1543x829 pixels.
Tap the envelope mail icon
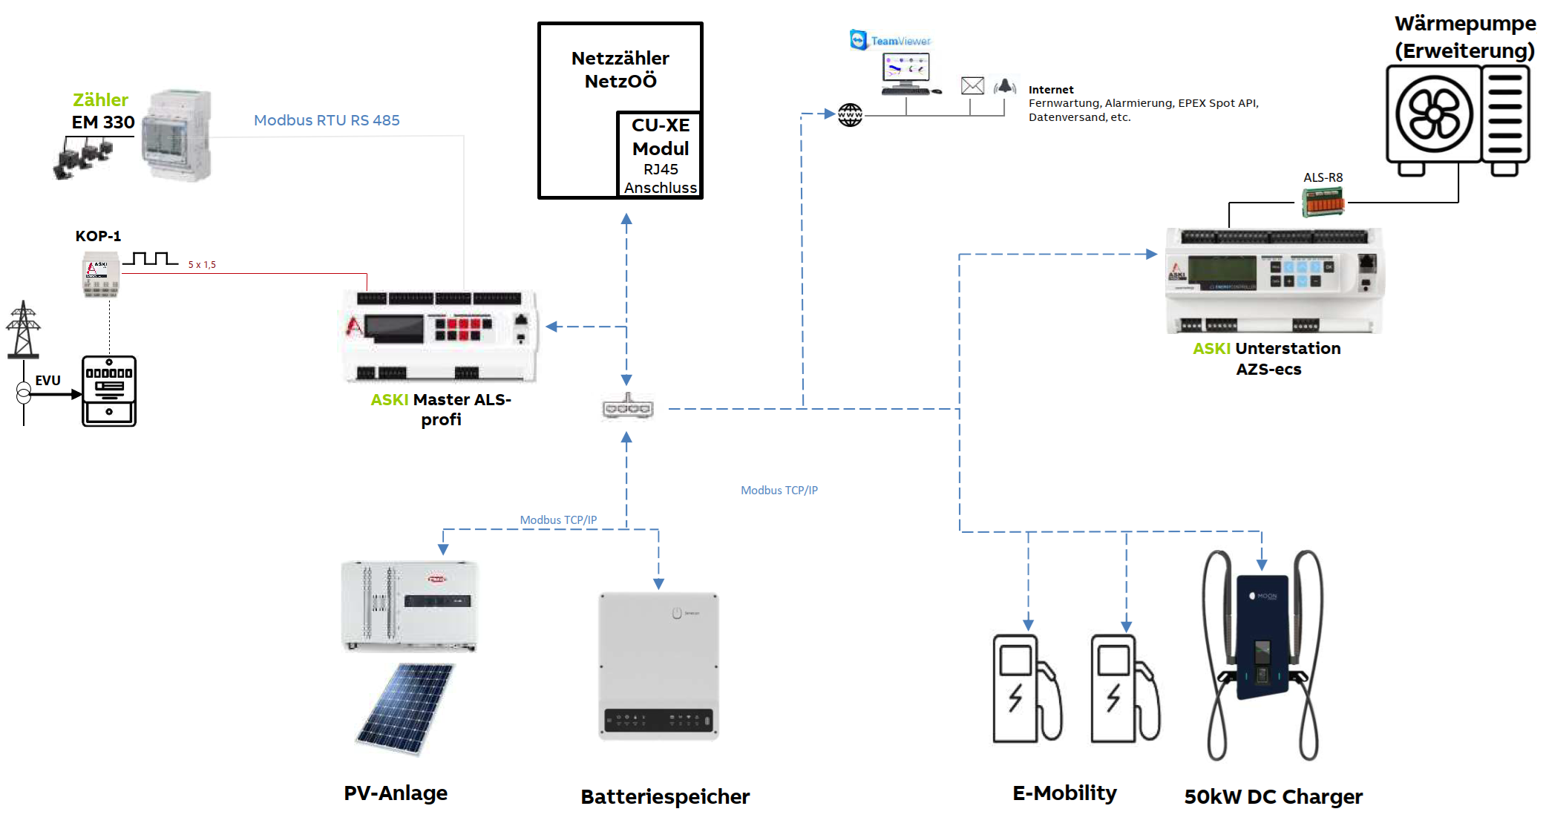click(972, 86)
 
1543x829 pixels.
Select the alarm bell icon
click(1005, 86)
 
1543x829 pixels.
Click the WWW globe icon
click(850, 115)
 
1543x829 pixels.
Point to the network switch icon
click(628, 407)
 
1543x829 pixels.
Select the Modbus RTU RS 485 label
click(327, 120)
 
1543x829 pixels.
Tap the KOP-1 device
click(100, 275)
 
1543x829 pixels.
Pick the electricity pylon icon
click(23, 330)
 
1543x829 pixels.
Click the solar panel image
click(405, 709)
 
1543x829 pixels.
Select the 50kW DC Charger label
click(1273, 797)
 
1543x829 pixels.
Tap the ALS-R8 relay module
click(1323, 202)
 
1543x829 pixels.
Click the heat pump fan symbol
click(1434, 114)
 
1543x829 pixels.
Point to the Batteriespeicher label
click(665, 797)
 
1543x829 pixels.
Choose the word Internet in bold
click(1050, 90)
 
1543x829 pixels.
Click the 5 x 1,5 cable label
click(202, 265)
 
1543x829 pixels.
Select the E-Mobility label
click(1064, 793)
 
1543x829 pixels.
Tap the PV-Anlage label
click(396, 793)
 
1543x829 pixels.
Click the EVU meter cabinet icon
click(109, 391)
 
